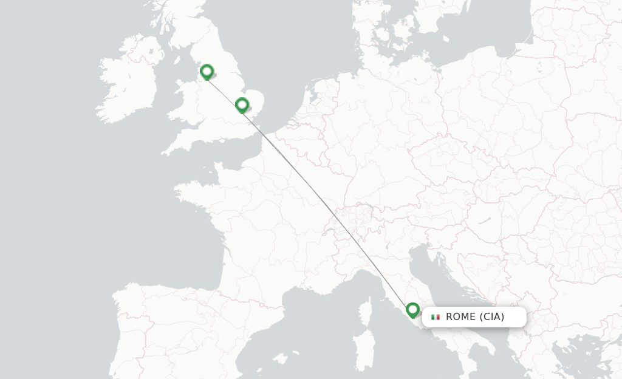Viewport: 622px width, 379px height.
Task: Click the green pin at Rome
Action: (413, 310)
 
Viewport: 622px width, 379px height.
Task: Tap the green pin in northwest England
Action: (207, 72)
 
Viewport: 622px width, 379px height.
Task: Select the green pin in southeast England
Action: (242, 105)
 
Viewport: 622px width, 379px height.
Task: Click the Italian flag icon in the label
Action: (436, 317)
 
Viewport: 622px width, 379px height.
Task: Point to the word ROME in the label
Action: (460, 317)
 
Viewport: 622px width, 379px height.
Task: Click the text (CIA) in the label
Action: (492, 317)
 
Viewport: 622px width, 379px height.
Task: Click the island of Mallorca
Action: (280, 358)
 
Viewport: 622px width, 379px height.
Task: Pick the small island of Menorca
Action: (296, 352)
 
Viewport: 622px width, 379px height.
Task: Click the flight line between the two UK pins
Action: (224, 89)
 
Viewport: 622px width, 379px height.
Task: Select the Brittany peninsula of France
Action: (194, 193)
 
